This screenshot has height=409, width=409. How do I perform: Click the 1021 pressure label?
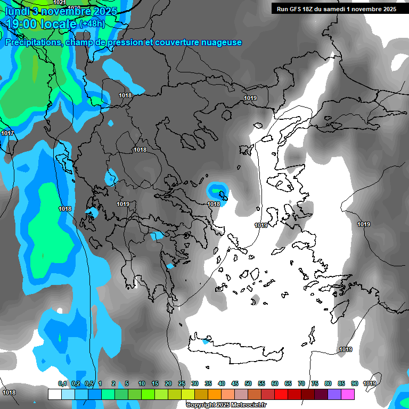pos(60,3)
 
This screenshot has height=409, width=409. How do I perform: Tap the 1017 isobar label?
pos(7,133)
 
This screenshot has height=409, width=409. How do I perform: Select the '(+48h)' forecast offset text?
pos(93,23)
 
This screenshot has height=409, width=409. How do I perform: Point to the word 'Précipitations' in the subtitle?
pos(34,43)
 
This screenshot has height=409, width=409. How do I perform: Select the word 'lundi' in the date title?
pos(17,11)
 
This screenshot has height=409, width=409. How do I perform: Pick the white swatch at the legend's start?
pos(54,395)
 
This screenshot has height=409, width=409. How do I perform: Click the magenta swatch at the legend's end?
pos(348,395)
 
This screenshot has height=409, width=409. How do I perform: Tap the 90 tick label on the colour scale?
pos(354,384)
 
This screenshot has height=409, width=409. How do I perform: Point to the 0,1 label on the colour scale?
pos(62,384)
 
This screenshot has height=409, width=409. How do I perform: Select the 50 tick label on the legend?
pos(248,384)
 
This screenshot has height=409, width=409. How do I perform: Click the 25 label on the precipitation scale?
pos(182,384)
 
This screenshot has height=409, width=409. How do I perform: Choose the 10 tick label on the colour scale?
pos(142,384)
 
